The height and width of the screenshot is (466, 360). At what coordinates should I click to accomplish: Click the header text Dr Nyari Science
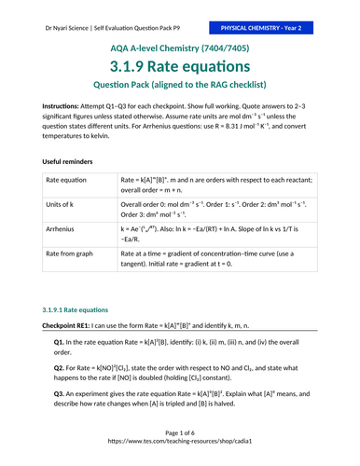point(57,17)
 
